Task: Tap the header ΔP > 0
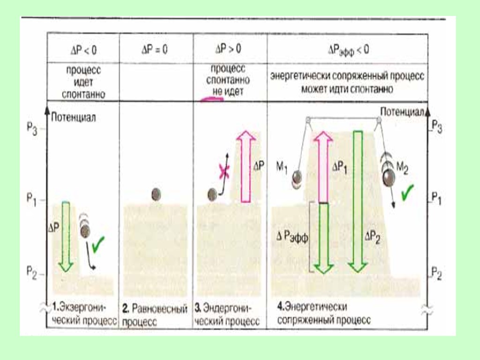pyautogui.click(x=229, y=49)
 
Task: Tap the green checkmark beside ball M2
pyautogui.click(x=407, y=191)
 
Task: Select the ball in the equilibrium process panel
pyautogui.click(x=157, y=194)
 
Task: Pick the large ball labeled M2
pyautogui.click(x=389, y=178)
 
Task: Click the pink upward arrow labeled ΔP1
pyautogui.click(x=323, y=166)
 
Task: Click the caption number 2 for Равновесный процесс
pyautogui.click(x=126, y=309)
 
